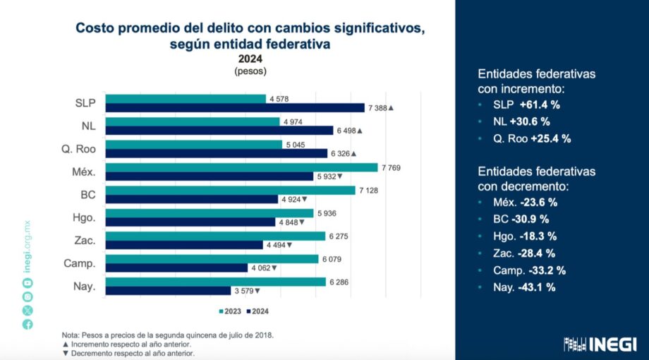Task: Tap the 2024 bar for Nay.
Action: point(166,290)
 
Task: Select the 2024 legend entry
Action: point(258,311)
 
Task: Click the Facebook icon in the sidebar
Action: point(27,325)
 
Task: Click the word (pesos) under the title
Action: point(250,71)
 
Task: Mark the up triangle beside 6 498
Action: point(360,131)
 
